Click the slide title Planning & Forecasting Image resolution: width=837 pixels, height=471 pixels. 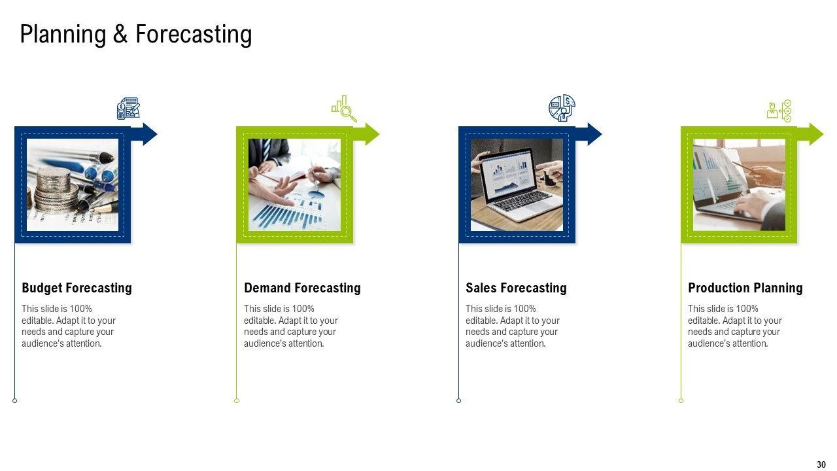click(136, 35)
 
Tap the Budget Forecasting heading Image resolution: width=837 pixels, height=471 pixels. click(77, 288)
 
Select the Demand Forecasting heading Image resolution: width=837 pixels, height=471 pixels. click(302, 288)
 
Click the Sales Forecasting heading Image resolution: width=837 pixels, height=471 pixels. click(516, 288)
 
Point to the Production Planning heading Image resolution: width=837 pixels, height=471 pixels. click(745, 288)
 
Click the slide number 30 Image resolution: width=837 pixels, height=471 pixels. click(821, 464)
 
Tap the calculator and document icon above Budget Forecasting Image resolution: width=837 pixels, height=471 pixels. click(129, 109)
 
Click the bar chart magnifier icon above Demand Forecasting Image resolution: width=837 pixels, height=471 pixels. click(344, 109)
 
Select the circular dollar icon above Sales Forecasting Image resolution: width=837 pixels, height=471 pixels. click(562, 108)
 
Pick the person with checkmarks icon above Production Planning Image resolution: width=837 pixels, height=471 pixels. click(779, 111)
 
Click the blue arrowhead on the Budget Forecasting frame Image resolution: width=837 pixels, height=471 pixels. click(150, 134)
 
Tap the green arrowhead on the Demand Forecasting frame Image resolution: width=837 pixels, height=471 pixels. click(373, 134)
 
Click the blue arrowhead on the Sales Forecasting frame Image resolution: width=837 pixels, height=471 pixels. click(595, 134)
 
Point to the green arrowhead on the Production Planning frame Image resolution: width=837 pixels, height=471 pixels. click(817, 134)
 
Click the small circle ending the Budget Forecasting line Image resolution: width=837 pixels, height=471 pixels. click(14, 401)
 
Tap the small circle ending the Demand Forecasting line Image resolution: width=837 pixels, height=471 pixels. click(237, 401)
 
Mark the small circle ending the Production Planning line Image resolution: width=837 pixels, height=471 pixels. click(681, 401)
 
